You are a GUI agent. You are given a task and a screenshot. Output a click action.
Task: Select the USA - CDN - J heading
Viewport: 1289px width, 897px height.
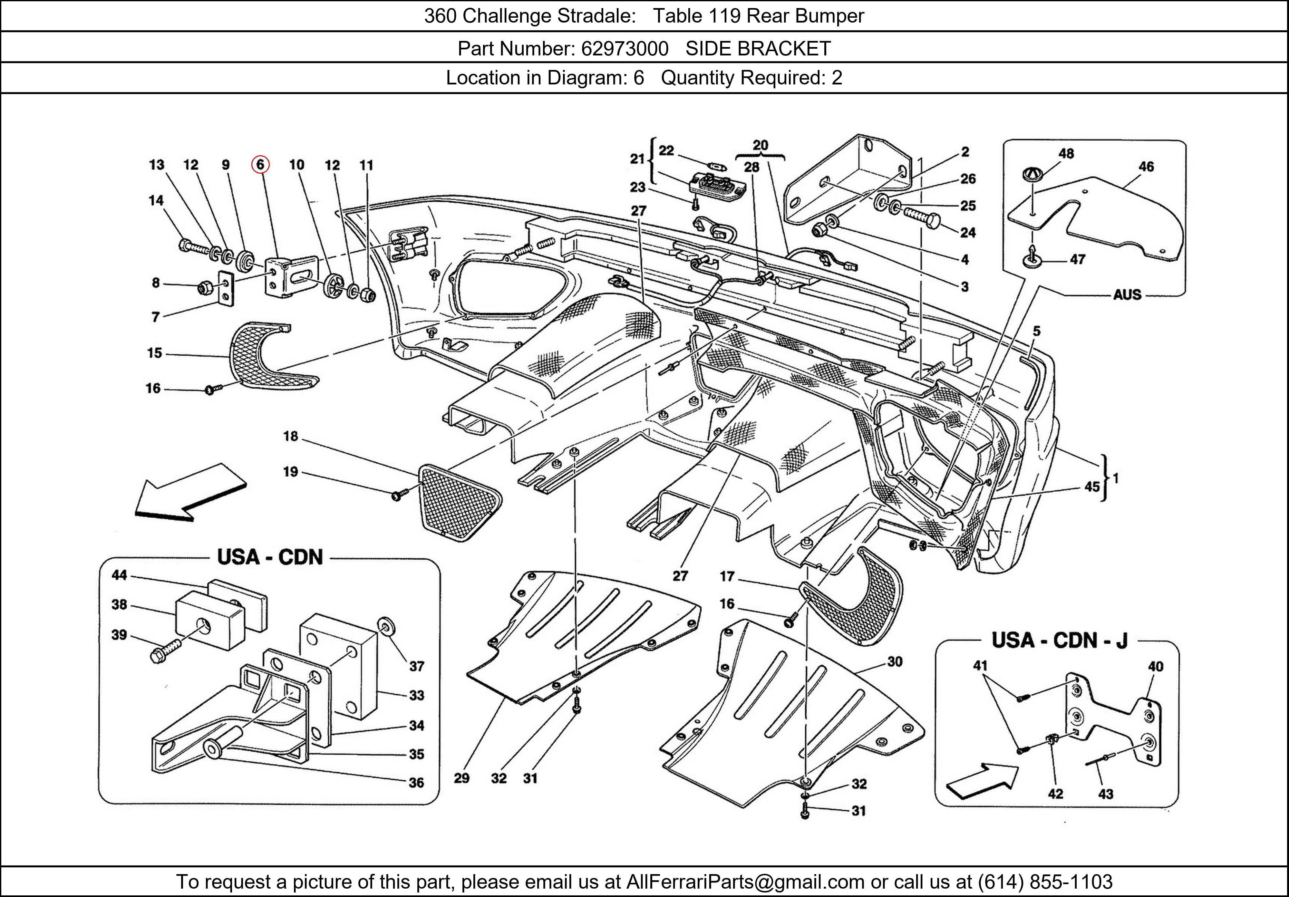coord(1059,641)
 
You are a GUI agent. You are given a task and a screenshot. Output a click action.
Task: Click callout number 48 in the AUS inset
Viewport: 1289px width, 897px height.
coord(1066,153)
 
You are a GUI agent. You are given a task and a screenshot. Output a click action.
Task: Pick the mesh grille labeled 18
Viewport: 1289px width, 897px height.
coord(459,502)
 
